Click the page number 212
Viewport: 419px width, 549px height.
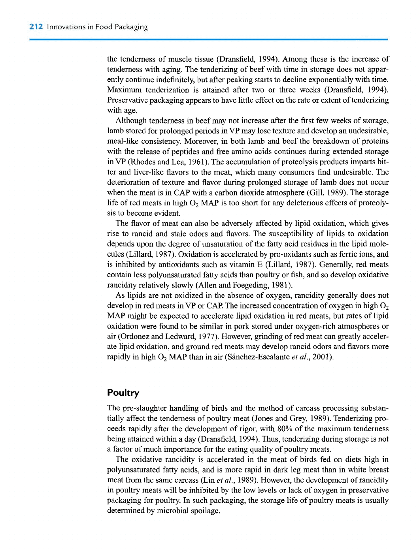click(x=36, y=27)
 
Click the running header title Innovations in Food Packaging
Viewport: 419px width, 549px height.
click(x=97, y=27)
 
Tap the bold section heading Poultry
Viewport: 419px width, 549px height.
click(x=123, y=393)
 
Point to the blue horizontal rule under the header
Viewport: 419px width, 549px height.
click(x=209, y=39)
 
